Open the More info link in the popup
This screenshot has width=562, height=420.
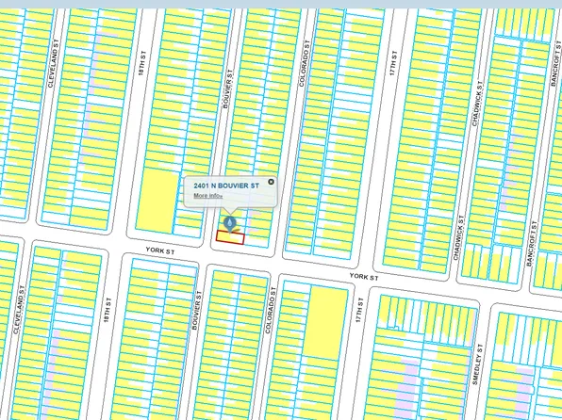pyautogui.click(x=207, y=196)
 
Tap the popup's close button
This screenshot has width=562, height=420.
pyautogui.click(x=271, y=182)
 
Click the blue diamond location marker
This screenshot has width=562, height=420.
pyautogui.click(x=229, y=223)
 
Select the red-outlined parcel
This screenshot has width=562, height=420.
pyautogui.click(x=230, y=237)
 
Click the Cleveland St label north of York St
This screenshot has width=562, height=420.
pyautogui.click(x=54, y=69)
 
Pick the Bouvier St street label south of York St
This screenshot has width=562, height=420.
pyautogui.click(x=198, y=310)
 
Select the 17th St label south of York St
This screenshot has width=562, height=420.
pyautogui.click(x=359, y=310)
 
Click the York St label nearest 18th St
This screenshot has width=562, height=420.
pyautogui.click(x=160, y=251)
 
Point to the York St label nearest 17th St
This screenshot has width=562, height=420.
pyautogui.click(x=363, y=277)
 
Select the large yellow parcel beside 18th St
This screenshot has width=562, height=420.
pyautogui.click(x=158, y=201)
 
